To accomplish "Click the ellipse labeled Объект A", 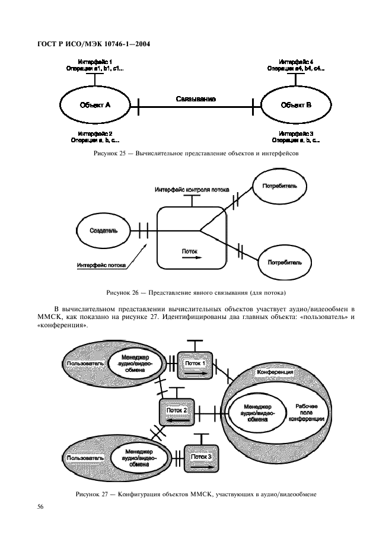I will point(95,105).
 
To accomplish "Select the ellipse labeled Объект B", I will point(296,105).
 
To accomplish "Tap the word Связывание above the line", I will point(195,98).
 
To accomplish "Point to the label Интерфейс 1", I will point(95,62).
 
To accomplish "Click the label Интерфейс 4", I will point(296,62).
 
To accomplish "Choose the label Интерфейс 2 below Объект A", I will point(95,133).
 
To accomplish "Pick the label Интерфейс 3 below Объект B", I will point(296,133).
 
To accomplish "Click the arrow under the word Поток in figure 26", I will point(191,258).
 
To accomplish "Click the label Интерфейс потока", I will point(101,265).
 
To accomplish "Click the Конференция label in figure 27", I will point(274,372).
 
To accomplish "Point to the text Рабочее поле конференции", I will point(305,413).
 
